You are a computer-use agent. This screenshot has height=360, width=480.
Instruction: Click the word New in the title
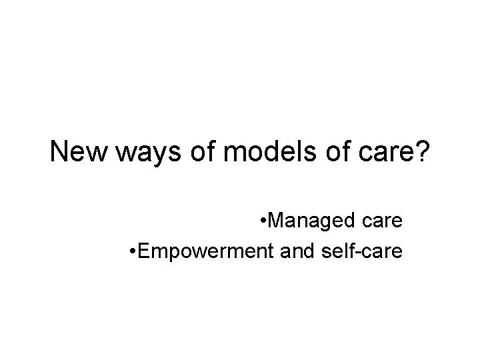coord(74,153)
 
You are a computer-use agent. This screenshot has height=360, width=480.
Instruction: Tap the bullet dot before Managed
coord(265,222)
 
